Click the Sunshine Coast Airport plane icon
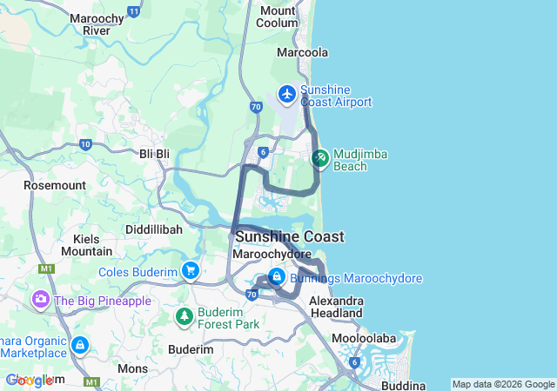[287, 93]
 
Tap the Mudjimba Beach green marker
[319, 158]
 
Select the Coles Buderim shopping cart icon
[190, 271]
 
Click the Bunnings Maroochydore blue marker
[276, 277]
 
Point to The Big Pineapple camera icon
[40, 300]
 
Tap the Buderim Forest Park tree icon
[184, 316]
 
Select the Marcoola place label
[302, 53]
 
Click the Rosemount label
[55, 185]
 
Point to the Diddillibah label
[153, 229]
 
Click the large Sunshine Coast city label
[289, 236]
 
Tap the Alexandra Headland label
[336, 307]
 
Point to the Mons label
[132, 368]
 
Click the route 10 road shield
[84, 144]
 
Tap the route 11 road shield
[133, 11]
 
